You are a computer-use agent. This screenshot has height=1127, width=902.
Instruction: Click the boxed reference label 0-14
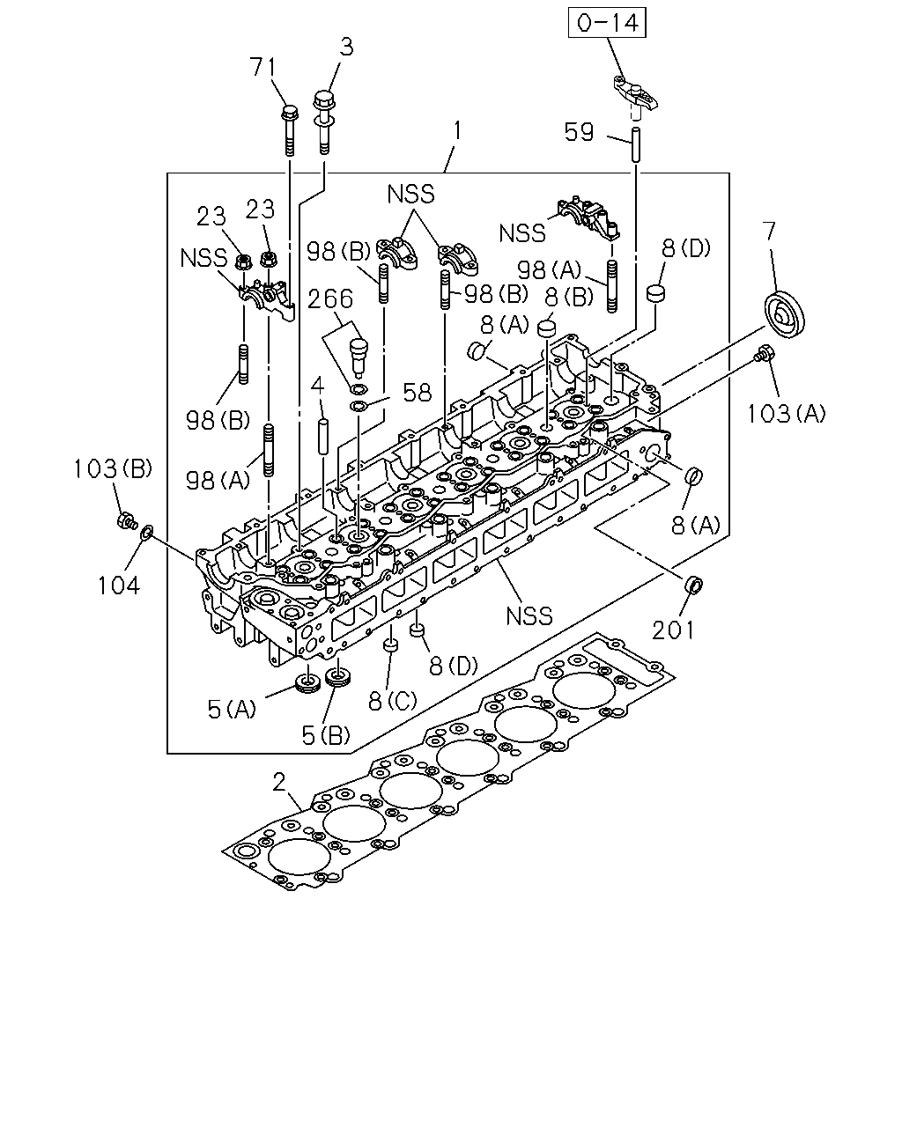[607, 23]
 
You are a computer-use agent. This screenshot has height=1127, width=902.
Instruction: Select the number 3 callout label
[346, 47]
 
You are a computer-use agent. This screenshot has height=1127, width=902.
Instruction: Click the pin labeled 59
[635, 144]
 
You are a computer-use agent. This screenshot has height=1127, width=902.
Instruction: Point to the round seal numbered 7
[785, 313]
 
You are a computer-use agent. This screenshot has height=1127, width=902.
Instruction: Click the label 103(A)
[785, 414]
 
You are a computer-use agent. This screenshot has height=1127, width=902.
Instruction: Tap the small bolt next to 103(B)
[126, 521]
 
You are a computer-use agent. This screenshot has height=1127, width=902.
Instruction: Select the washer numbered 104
[147, 533]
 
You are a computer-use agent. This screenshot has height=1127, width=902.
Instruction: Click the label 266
[330, 299]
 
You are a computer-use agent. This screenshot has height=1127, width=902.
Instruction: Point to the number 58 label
[418, 393]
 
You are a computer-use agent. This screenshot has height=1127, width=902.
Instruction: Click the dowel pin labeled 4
[323, 435]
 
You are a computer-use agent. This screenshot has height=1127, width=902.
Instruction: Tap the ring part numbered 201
[694, 585]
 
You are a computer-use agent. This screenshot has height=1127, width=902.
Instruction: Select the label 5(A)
[232, 710]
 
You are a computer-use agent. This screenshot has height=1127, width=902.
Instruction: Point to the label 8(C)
[392, 701]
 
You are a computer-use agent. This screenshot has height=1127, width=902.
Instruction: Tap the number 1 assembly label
[457, 130]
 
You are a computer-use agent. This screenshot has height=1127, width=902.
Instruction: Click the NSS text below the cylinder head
[529, 615]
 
